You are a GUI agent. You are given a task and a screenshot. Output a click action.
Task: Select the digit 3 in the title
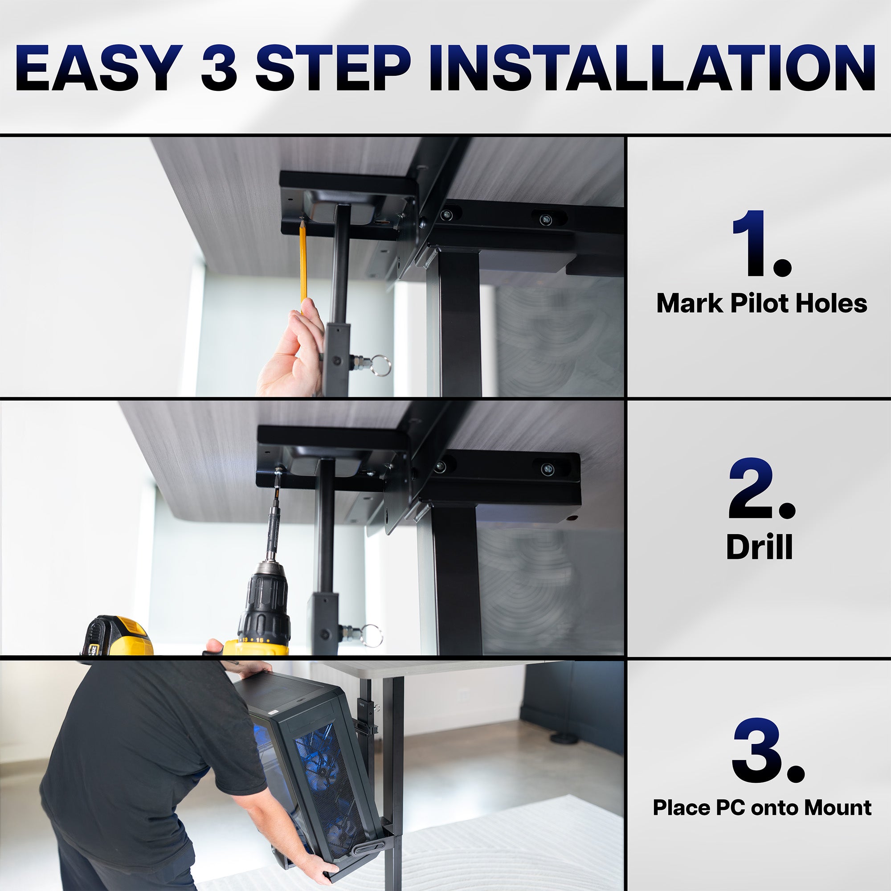coord(219,68)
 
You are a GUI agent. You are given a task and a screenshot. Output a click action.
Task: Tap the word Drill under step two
coord(759,548)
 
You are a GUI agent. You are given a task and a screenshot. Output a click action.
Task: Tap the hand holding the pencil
coord(295,355)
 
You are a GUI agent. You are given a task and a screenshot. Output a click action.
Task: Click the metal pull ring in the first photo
coord(381,365)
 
